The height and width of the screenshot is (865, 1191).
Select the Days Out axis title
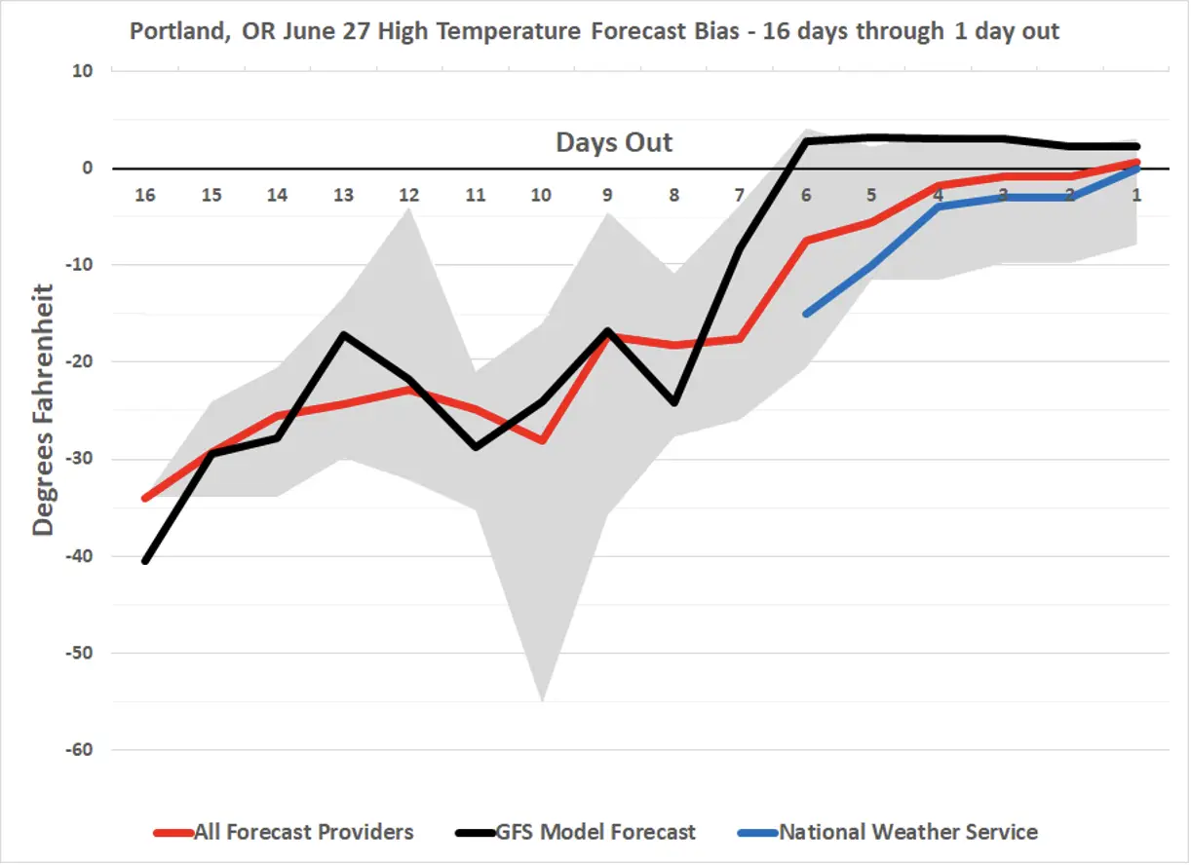(614, 142)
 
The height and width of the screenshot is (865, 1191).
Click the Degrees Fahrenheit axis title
(44, 409)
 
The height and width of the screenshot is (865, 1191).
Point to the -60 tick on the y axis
(78, 750)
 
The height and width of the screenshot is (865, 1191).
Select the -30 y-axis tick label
(78, 459)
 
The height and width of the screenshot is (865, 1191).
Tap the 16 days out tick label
(145, 195)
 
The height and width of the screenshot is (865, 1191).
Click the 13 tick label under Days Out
(343, 195)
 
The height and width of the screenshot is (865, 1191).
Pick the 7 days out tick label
(740, 195)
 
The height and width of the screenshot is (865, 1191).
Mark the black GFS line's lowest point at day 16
(145, 562)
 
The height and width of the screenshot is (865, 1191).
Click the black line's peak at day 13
(343, 334)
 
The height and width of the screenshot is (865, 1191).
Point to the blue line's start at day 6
(806, 314)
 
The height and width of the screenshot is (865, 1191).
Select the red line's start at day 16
(145, 499)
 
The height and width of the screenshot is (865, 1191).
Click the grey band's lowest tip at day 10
(542, 700)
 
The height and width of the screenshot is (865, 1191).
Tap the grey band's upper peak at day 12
(410, 207)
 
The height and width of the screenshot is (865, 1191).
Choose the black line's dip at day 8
(674, 403)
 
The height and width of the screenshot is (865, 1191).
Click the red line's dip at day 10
(542, 441)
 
